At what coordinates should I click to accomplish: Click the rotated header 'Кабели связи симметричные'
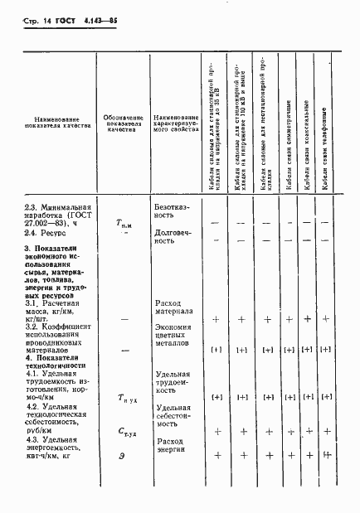coord(287,146)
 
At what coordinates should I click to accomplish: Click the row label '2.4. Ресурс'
coord(46,234)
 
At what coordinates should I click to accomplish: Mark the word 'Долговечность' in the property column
coord(175,238)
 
